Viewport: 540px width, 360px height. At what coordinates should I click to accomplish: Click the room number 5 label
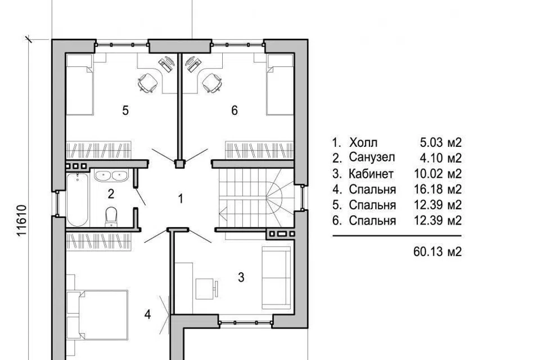click(125, 111)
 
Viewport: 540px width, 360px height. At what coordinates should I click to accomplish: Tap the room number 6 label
click(235, 111)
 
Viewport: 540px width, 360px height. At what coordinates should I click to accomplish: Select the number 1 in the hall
click(180, 199)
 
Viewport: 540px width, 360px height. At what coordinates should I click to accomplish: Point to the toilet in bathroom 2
click(111, 217)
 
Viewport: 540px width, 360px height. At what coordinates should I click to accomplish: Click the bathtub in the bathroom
click(78, 200)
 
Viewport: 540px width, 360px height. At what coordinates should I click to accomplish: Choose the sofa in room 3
click(276, 278)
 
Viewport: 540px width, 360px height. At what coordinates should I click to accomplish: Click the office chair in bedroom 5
click(147, 83)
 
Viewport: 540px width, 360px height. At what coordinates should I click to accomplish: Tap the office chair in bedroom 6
click(212, 83)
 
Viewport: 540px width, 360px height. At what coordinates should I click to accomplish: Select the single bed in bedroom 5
click(79, 84)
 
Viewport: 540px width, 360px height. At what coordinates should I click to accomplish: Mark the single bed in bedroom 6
click(280, 84)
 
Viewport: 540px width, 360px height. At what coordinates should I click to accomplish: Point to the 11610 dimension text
click(22, 220)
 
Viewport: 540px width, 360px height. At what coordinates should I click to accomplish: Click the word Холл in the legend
click(363, 142)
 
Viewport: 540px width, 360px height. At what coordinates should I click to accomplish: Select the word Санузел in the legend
click(372, 157)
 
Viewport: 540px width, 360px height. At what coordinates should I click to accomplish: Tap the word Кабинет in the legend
click(371, 174)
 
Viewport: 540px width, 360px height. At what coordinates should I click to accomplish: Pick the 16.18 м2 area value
click(438, 189)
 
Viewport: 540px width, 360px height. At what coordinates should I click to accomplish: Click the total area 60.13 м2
click(438, 252)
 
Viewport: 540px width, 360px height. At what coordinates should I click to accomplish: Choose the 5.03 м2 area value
click(440, 142)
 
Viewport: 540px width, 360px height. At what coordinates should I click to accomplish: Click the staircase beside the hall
click(256, 198)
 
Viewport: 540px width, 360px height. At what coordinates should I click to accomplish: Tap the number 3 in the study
click(241, 277)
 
